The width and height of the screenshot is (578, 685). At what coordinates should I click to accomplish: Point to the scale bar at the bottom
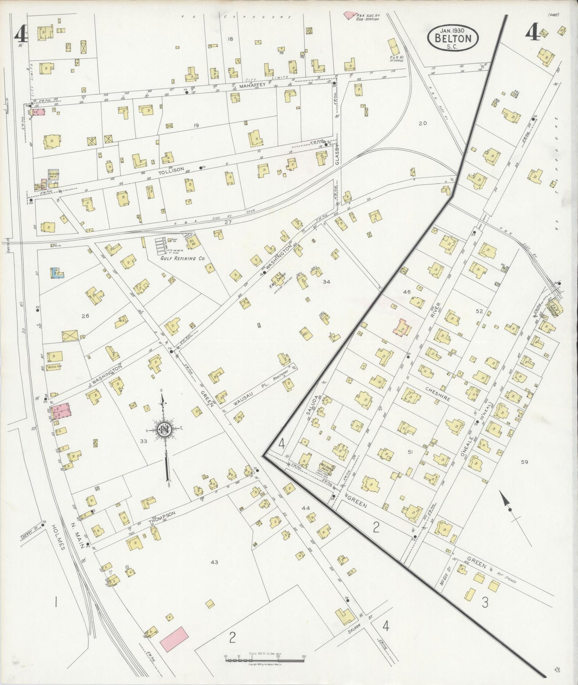coord(265,657)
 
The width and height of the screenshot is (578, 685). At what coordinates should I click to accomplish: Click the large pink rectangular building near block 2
coord(174,639)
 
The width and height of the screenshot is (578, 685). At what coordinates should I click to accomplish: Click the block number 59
coord(524,462)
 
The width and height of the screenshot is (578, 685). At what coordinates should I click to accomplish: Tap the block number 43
coord(214,562)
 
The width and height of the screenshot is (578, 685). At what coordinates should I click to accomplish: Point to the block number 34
coord(326,281)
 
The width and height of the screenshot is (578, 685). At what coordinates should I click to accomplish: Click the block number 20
coord(422,123)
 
